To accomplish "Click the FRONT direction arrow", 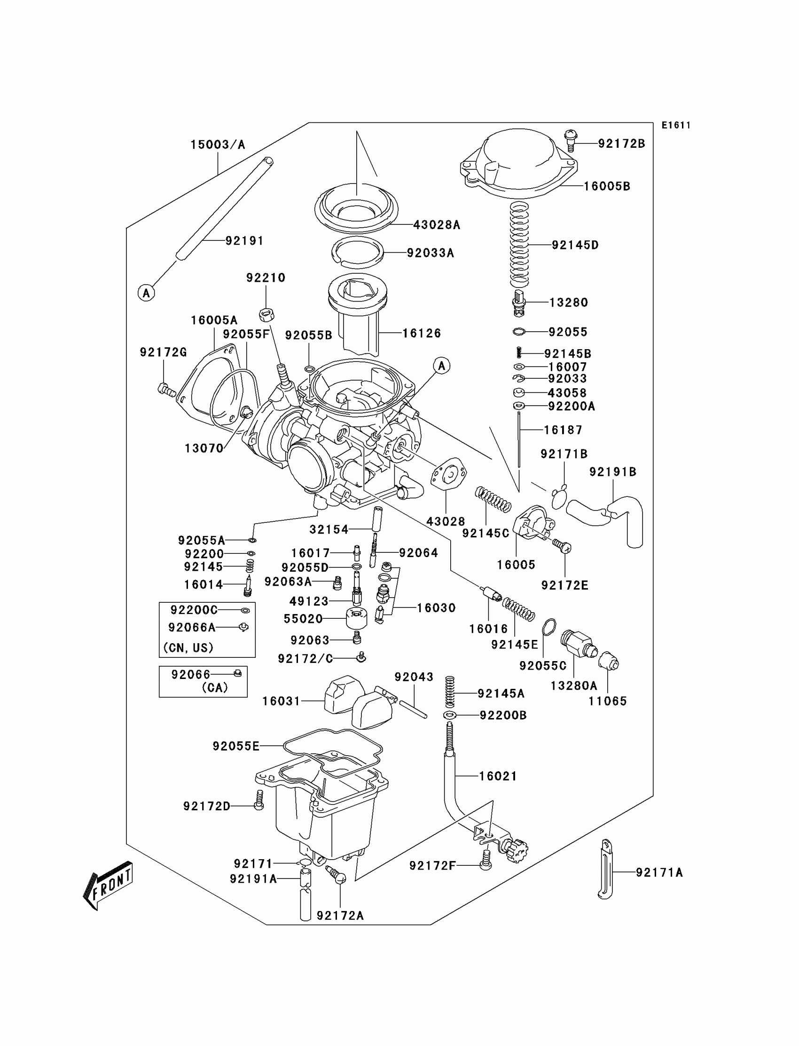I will [x=108, y=886].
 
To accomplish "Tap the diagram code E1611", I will [x=675, y=125].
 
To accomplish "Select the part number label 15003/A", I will [x=218, y=145].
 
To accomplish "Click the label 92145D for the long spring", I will [x=575, y=245].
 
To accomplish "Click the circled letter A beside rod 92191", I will [x=146, y=293].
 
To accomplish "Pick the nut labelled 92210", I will [x=266, y=314].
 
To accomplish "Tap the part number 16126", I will [x=422, y=333].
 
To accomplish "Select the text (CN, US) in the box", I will [x=188, y=647].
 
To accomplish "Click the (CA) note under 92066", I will [x=214, y=687].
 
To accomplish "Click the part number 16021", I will [x=498, y=776].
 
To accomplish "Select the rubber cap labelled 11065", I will [x=608, y=662].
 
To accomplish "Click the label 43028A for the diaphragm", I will [x=437, y=225].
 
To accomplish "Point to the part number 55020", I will [x=304, y=619].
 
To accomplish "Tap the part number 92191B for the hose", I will [x=612, y=472].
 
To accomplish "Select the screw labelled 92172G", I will [x=166, y=390].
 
